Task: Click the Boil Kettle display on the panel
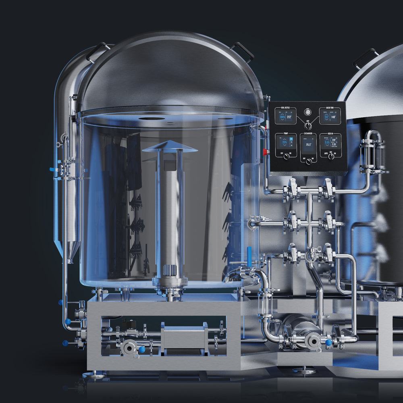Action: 285,116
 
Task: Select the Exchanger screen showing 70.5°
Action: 308,144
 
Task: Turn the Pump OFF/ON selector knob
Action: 287,156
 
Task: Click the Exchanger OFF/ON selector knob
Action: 309,161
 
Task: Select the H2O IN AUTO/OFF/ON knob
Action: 331,156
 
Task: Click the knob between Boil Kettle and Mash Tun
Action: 308,125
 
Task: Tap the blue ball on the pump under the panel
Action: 328,343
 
